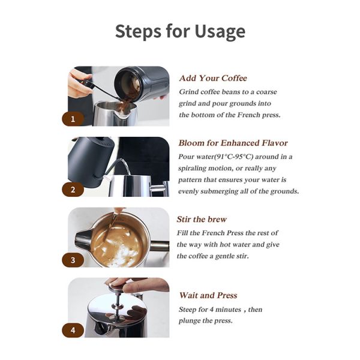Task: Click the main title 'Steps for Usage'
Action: (180, 31)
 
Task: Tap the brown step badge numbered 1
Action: (73, 119)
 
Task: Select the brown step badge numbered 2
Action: (73, 190)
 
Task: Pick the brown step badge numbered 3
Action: (73, 260)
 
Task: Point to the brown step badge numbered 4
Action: (73, 331)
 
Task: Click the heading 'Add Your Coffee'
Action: (213, 78)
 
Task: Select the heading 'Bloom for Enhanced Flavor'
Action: (233, 143)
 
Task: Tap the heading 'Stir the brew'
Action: (202, 219)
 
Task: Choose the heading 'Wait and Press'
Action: (208, 295)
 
